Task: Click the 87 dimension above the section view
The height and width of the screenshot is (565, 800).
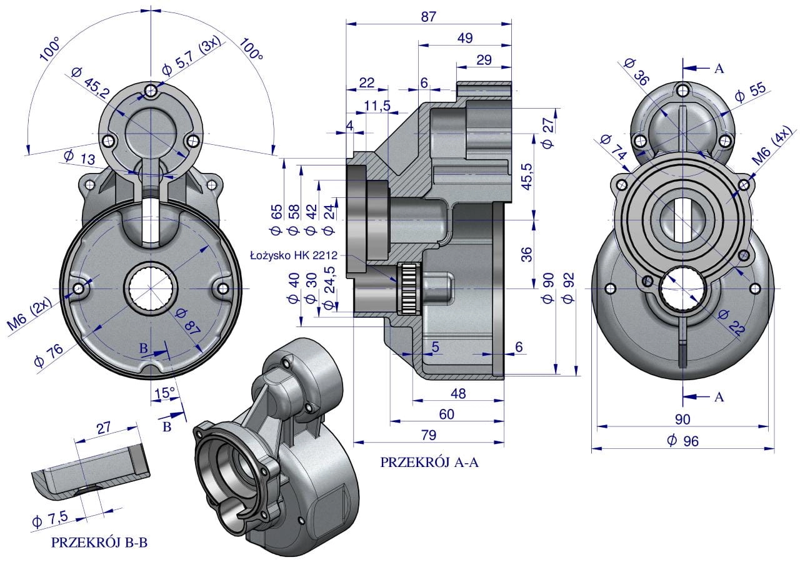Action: [x=428, y=16]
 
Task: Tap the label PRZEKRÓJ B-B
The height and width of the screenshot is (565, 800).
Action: [x=100, y=543]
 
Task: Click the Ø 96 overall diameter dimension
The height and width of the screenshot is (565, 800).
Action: [x=682, y=440]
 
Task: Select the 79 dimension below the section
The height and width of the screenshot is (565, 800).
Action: [x=428, y=435]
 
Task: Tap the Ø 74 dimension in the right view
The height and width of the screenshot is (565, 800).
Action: [x=614, y=150]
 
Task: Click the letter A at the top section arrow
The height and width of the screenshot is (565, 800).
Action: [x=719, y=69]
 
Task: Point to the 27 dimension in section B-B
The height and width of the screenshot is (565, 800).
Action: [x=103, y=428]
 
